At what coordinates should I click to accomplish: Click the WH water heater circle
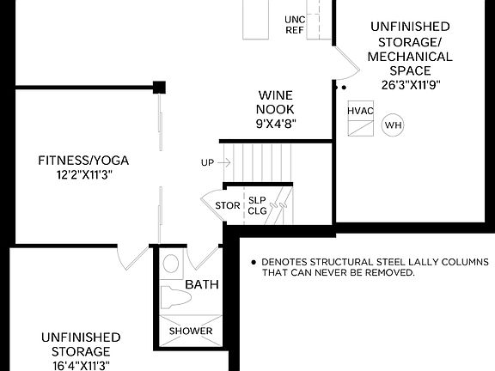[x=393, y=125]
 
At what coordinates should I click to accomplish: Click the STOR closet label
[x=228, y=205]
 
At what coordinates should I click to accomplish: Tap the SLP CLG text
[x=258, y=205]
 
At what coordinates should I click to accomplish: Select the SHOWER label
[x=191, y=331]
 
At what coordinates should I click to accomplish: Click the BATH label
[x=202, y=285]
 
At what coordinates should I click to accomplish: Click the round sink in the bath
[x=171, y=264]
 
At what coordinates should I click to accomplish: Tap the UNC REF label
[x=295, y=24]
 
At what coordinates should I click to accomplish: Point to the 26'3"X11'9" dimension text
[x=410, y=84]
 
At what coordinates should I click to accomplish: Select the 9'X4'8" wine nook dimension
[x=277, y=123]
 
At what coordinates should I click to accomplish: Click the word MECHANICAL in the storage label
[x=410, y=57]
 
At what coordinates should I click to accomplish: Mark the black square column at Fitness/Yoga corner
[x=160, y=87]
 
